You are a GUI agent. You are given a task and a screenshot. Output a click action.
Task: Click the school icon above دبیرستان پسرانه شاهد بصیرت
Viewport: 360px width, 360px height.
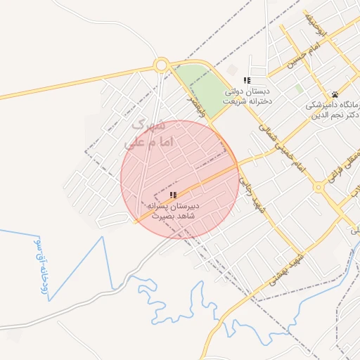click(x=173, y=194)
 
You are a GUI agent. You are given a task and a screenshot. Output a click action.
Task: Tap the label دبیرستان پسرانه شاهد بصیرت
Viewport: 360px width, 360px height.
click(x=173, y=212)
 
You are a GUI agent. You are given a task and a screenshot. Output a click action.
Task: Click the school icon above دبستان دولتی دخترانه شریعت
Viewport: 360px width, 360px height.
click(x=246, y=81)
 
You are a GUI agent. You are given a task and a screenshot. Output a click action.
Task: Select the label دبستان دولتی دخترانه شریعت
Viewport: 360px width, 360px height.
click(x=247, y=96)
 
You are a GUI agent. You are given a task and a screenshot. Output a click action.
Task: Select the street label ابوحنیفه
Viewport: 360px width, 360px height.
click(x=320, y=22)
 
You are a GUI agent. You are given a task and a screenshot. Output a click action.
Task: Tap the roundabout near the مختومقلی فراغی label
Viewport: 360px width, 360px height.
click(x=321, y=187)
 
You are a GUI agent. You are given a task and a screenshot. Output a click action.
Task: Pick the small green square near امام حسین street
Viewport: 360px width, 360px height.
click(x=299, y=89)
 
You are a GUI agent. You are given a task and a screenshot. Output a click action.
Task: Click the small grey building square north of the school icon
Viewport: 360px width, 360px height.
click(x=233, y=70)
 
